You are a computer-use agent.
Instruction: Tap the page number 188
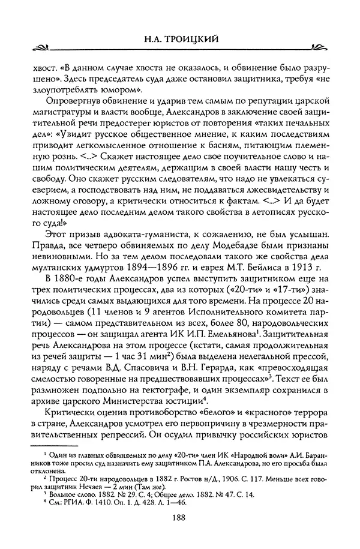click(x=180, y=518)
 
